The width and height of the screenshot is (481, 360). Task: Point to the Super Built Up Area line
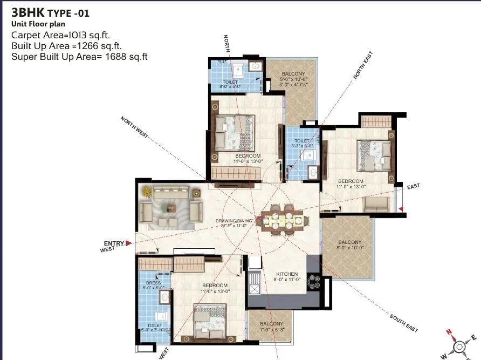click(x=79, y=56)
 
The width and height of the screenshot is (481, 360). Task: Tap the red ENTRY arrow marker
click(x=128, y=243)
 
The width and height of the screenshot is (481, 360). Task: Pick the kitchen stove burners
click(x=313, y=283)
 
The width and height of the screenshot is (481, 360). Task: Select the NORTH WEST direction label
click(x=134, y=128)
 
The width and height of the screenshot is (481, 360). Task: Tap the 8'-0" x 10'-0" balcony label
click(x=350, y=246)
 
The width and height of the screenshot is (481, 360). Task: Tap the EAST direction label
click(x=413, y=186)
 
